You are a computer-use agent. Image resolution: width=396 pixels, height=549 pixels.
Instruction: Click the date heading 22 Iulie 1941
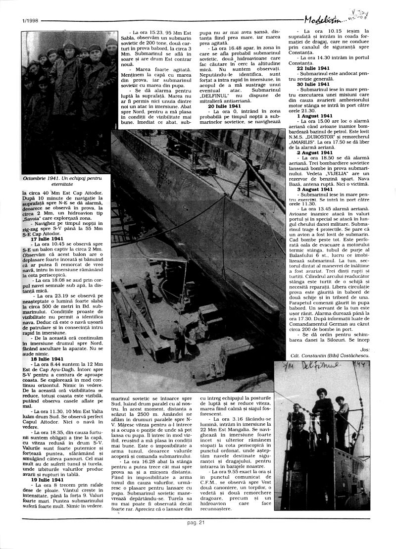click(x=313, y=67)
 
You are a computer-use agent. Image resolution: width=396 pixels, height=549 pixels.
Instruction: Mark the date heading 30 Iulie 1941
click(x=313, y=84)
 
